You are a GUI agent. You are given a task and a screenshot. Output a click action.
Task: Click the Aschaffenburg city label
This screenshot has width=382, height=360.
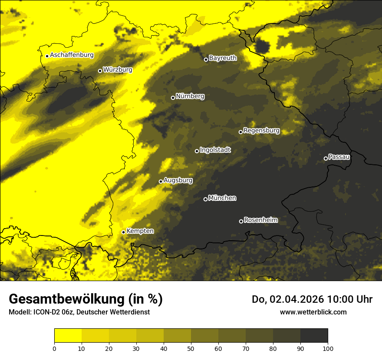point(72,55)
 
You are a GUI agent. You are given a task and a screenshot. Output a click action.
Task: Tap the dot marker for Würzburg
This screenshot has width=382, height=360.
point(100,71)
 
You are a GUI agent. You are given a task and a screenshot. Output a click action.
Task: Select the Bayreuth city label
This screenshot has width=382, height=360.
point(223,58)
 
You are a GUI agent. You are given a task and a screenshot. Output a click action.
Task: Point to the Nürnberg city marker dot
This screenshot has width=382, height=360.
point(173,98)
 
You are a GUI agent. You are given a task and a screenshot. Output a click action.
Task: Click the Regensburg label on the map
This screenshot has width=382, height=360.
point(261,130)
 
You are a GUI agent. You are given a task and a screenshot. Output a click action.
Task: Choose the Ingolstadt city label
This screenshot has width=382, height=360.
point(215,150)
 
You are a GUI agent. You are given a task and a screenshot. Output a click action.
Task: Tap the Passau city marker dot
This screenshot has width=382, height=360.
point(326,158)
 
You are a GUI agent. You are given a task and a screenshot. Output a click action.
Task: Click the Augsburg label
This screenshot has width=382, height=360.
point(178,180)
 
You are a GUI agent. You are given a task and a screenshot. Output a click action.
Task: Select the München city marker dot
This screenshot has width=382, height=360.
point(205,200)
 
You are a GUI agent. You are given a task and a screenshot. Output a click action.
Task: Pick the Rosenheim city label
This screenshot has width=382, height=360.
point(260,220)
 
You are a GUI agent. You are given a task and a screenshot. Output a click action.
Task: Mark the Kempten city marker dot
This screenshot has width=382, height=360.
point(123,232)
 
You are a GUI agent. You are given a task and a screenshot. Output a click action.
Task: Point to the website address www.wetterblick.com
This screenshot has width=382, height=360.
point(313,312)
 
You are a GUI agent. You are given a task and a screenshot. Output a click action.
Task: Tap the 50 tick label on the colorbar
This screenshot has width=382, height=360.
point(191,348)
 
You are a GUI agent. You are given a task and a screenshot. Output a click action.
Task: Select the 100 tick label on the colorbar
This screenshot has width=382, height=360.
point(328,348)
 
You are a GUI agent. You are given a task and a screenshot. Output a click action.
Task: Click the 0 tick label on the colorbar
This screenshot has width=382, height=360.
point(54,348)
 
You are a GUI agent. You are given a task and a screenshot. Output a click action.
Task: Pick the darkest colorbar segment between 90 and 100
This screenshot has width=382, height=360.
point(314,336)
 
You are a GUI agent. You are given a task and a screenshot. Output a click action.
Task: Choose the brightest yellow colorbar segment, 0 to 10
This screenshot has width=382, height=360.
point(68,336)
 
